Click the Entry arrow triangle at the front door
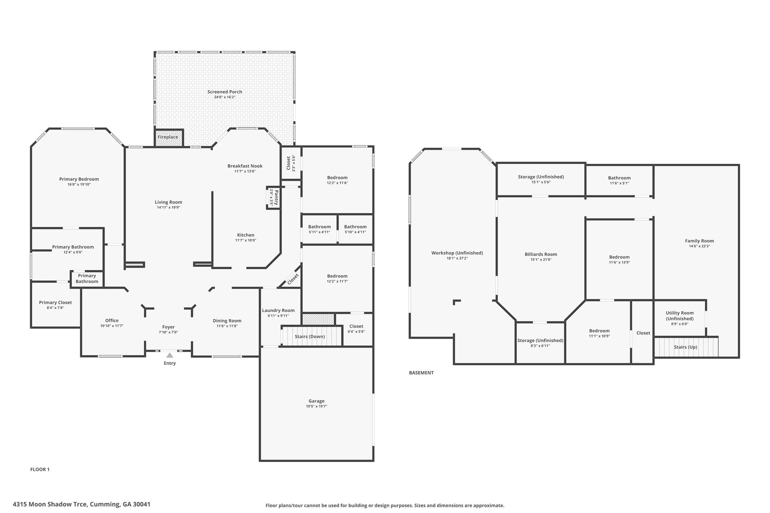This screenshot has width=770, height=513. [x=170, y=355]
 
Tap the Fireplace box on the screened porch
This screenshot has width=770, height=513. [x=169, y=137]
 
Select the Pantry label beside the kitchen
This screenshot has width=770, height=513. [x=276, y=197]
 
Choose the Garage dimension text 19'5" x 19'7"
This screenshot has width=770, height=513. [x=317, y=406]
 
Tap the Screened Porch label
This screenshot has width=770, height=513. [x=225, y=92]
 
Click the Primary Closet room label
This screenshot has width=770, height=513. [x=55, y=303]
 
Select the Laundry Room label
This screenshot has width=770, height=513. [x=278, y=310]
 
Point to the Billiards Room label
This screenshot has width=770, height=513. [x=541, y=254]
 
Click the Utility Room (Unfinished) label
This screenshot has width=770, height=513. [x=680, y=316]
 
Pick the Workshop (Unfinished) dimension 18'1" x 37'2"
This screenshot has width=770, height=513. [x=457, y=259]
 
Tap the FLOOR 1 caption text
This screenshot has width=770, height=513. [x=40, y=469]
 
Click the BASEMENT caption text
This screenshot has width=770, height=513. [x=421, y=373]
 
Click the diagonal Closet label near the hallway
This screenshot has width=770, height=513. [x=293, y=278]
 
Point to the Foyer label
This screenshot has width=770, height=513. [x=168, y=327]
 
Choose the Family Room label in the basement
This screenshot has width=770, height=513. [x=699, y=241]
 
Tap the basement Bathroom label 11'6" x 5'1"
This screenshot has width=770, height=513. [x=619, y=178]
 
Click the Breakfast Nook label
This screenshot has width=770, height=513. [x=245, y=166]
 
